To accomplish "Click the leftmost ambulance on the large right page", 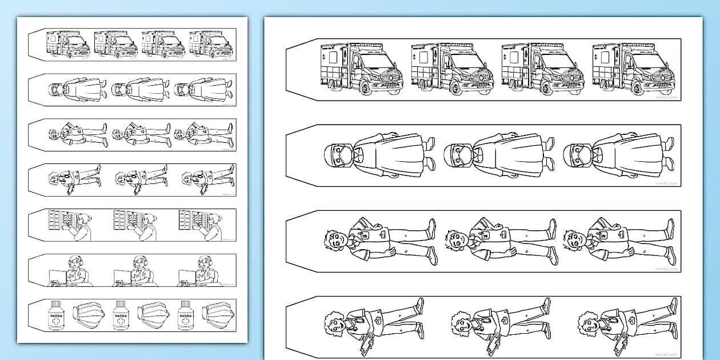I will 361,69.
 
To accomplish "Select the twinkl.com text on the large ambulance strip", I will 666,98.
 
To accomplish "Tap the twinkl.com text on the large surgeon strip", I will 666,183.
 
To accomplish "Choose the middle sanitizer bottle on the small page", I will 120,315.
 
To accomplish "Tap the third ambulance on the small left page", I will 163,44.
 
